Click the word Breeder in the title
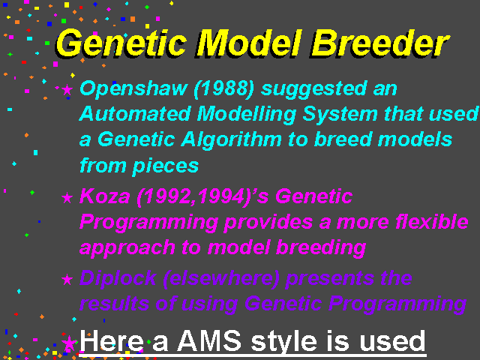380,43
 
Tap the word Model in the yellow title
248,43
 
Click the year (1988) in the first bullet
223,89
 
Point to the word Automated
135,114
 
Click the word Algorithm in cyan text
232,140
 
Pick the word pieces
166,166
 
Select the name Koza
105,196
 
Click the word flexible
432,221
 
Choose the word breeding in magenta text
321,248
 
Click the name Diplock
118,279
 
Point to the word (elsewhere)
221,278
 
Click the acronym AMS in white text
209,340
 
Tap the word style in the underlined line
284,342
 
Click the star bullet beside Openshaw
67,90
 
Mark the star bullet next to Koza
67,198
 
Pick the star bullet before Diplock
67,280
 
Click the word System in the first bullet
340,115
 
